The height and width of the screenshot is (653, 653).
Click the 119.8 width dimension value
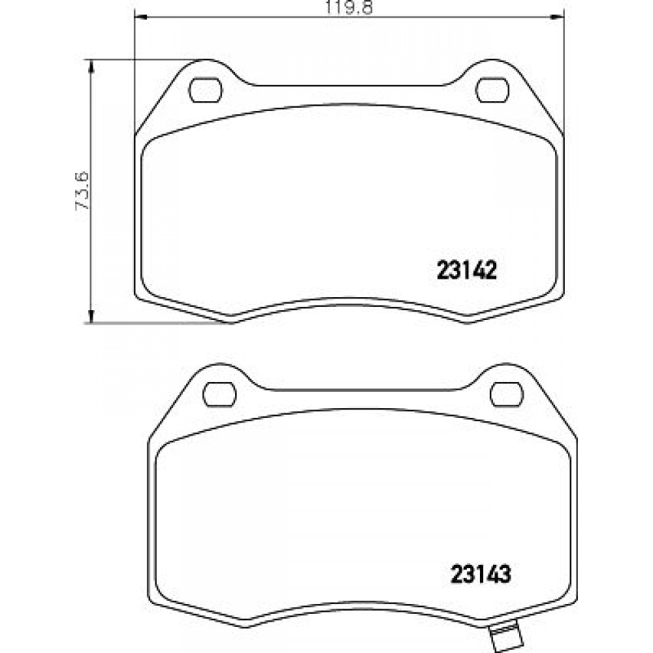[349, 7]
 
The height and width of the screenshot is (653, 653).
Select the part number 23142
[467, 271]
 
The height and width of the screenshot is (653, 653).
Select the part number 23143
[481, 575]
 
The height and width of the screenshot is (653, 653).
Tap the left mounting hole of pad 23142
[206, 89]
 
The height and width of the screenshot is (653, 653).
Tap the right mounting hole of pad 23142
[492, 89]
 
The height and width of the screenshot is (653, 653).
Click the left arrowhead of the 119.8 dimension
[141, 17]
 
